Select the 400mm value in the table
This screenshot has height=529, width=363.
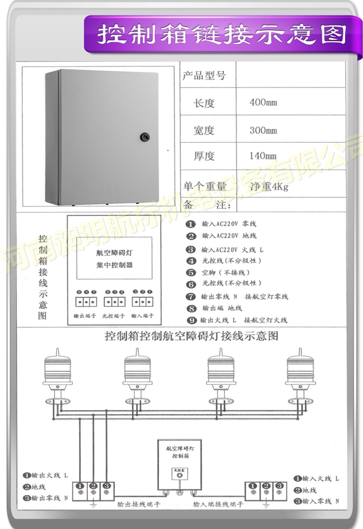263,102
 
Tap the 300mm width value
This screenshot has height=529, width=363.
263,130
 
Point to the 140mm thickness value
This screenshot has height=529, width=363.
263,156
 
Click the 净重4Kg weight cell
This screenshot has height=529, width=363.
269,187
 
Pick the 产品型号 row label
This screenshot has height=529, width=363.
204,75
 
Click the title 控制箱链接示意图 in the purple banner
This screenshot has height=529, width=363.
222,35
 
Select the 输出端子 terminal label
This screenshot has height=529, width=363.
85,316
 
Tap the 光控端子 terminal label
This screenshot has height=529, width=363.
113,316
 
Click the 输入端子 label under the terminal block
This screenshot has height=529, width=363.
142,316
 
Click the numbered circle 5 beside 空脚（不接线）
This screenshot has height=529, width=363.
191,273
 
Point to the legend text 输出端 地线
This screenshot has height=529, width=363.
222,308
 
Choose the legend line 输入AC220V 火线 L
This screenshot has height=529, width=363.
232,250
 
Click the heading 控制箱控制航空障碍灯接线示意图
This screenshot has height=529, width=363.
192,336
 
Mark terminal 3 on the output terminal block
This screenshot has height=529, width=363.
107,486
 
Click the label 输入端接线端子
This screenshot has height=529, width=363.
218,504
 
